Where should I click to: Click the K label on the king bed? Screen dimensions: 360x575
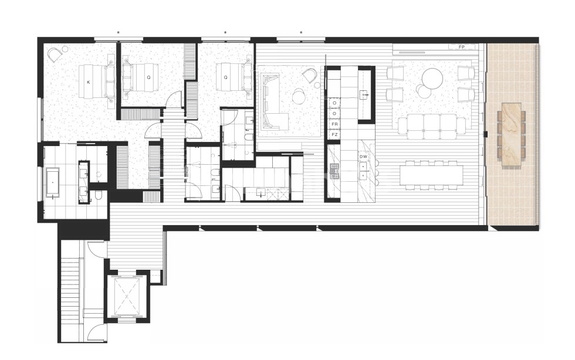89,82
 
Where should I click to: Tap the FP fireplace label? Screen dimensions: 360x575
462,46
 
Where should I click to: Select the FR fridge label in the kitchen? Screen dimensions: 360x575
334,125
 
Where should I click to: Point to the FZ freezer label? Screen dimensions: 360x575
334,134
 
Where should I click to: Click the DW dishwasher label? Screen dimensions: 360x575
363,157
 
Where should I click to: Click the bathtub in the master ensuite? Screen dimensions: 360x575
53,183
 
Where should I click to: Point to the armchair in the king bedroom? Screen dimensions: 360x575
55,55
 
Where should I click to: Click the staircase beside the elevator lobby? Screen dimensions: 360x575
71,287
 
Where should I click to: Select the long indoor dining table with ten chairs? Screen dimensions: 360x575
431,174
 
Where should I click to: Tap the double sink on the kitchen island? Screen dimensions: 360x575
364,170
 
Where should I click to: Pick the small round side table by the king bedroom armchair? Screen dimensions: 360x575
65,49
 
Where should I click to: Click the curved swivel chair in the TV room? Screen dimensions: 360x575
309,75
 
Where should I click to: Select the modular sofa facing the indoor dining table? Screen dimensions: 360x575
432,125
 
